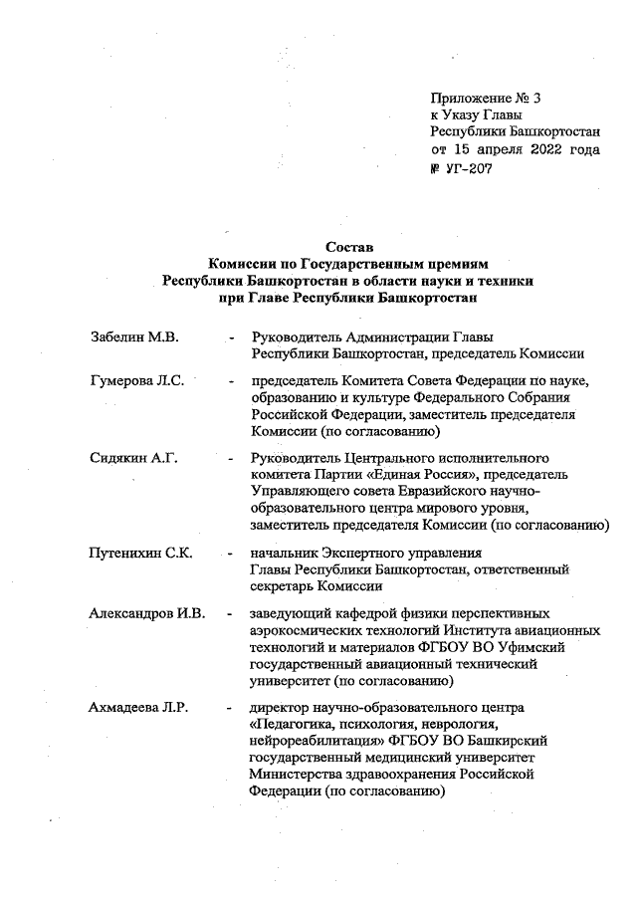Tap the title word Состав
click(347, 246)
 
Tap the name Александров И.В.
click(146, 612)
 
